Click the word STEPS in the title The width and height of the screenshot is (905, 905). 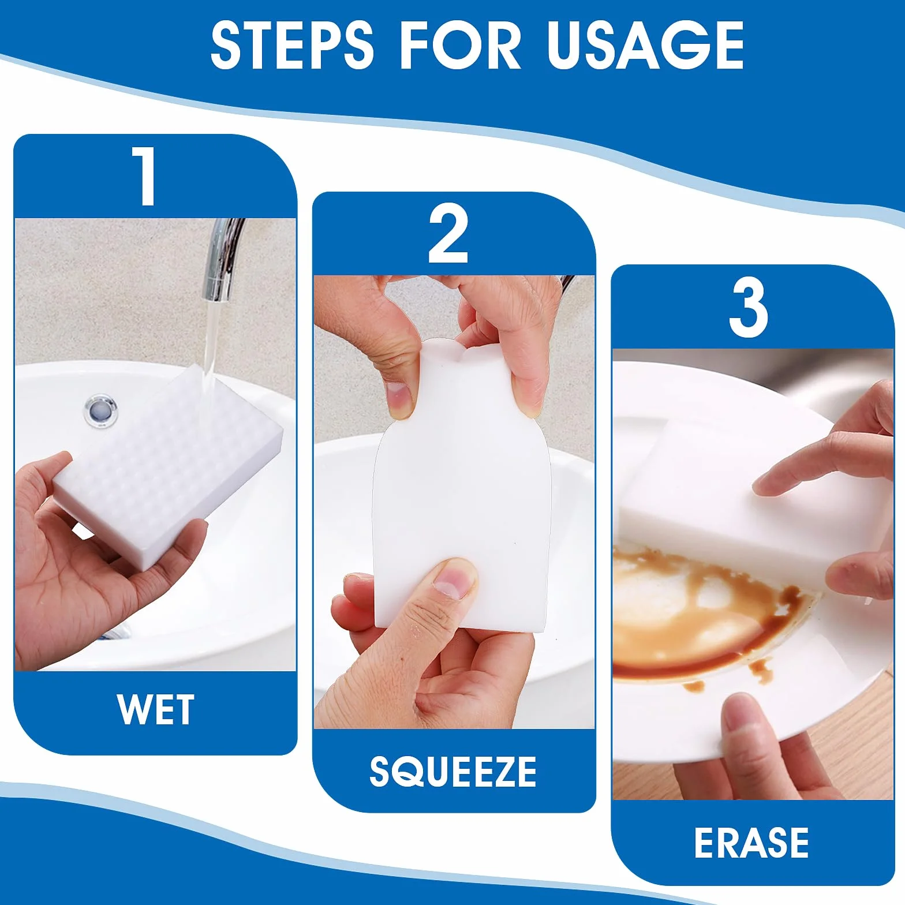click(292, 45)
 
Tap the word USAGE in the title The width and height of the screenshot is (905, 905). click(645, 45)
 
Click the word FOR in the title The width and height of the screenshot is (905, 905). click(460, 45)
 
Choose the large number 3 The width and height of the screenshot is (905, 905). click(748, 308)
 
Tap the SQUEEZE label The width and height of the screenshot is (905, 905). click(453, 772)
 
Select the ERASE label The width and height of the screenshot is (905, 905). click(751, 843)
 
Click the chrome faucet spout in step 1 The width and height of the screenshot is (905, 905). click(222, 260)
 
